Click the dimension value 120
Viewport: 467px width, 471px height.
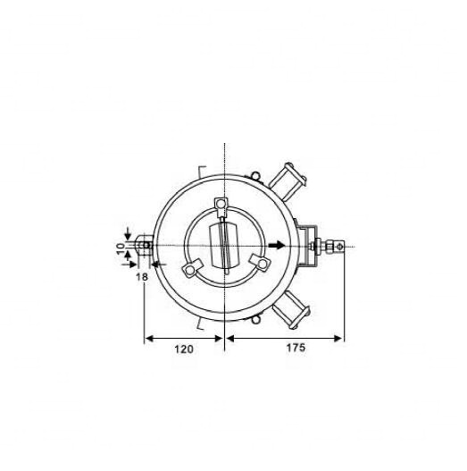pyautogui.click(x=182, y=350)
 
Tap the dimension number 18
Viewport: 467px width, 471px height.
pyautogui.click(x=140, y=278)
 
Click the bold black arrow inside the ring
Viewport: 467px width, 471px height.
pyautogui.click(x=277, y=245)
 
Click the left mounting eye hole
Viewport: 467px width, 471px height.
pyautogui.click(x=143, y=244)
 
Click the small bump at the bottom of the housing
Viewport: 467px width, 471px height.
pyautogui.click(x=254, y=318)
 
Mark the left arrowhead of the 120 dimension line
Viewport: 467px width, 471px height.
pyautogui.click(x=148, y=339)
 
